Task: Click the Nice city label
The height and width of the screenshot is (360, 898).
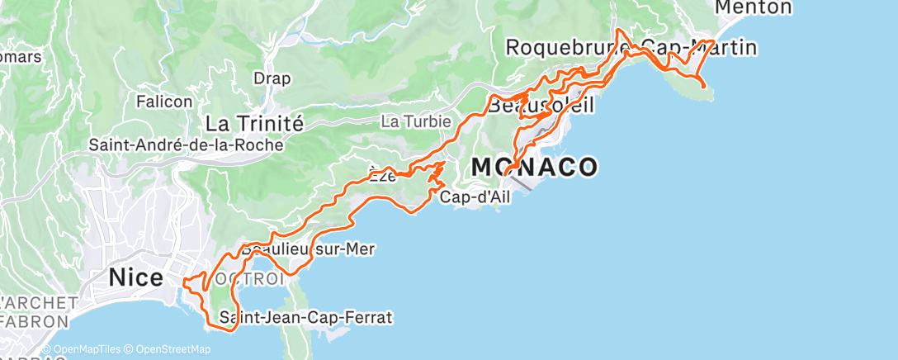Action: (x=136, y=278)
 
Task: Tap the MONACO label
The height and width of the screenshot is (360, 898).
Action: (x=534, y=167)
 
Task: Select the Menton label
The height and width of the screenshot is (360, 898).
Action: (x=753, y=7)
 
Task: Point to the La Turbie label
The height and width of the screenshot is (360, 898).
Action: (x=415, y=121)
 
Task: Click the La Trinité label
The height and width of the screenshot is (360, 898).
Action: (x=254, y=124)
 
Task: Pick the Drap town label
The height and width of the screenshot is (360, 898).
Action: (x=272, y=79)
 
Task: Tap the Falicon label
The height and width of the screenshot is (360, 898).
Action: (x=164, y=102)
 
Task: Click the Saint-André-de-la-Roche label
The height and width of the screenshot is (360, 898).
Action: (x=186, y=144)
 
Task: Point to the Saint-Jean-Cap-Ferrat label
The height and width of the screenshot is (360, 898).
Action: (x=305, y=317)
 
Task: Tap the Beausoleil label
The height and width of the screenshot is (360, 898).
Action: (x=541, y=107)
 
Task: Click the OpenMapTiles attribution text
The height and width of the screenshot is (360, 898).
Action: (x=86, y=349)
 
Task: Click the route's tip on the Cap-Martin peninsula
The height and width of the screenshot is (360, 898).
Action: (x=702, y=86)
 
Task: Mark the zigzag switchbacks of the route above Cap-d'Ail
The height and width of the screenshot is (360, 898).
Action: (x=436, y=173)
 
